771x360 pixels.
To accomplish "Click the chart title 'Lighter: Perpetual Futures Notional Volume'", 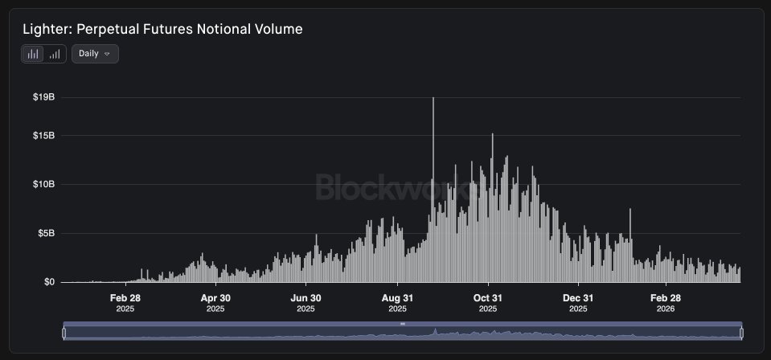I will [x=162, y=29].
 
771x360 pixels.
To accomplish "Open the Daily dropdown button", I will [x=95, y=54].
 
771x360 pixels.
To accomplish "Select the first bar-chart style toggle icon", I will [x=33, y=54].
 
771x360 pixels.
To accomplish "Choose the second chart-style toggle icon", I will [x=55, y=54].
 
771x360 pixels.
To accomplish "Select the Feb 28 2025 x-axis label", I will [x=125, y=302].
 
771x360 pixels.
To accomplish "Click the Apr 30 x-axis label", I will [x=215, y=302].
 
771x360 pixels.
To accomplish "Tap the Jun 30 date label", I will [x=306, y=302].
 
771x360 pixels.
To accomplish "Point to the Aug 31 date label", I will [x=397, y=302].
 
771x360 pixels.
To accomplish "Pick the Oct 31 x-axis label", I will [x=487, y=302].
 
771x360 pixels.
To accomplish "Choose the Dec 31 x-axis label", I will [x=577, y=302].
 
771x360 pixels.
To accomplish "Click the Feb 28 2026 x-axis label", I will [x=666, y=302].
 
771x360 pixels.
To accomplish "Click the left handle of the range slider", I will [x=64, y=332].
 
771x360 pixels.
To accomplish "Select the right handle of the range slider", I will [x=741, y=332].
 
